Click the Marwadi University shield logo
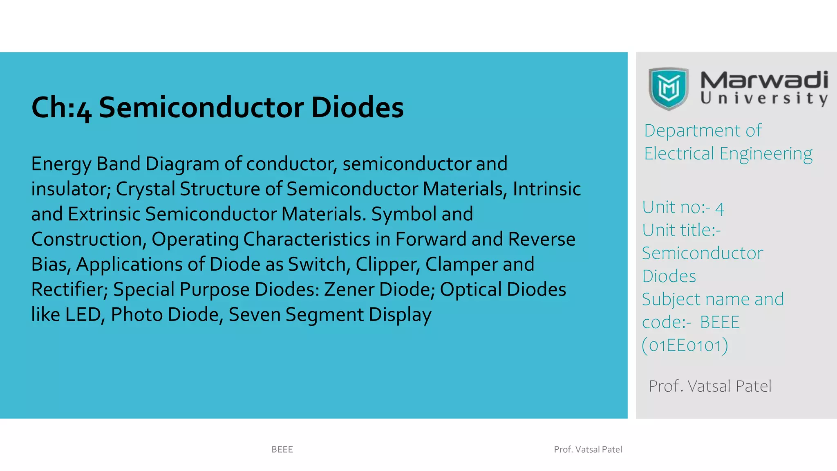tap(669, 89)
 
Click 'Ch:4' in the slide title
tap(61, 108)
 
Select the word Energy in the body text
tap(61, 164)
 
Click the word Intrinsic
tap(547, 189)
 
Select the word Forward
tap(431, 240)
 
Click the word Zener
tap(349, 290)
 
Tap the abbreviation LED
tap(83, 315)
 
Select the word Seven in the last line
tap(254, 315)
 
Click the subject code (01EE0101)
tap(685, 345)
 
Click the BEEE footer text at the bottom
tap(282, 449)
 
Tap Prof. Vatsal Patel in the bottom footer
tap(588, 449)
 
